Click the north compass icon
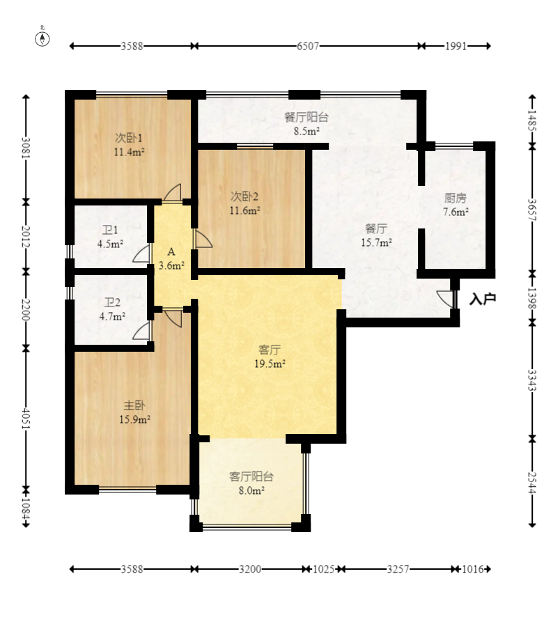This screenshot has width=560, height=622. (42, 38)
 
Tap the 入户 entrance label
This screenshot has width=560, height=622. (483, 299)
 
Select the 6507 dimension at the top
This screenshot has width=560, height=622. (308, 46)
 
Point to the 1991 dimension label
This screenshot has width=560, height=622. (456, 46)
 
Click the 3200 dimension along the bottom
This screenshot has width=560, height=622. (250, 569)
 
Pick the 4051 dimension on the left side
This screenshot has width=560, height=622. (26, 418)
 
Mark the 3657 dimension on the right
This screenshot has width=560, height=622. (532, 210)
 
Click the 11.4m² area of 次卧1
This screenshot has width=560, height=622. (129, 152)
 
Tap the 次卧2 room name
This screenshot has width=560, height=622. (244, 196)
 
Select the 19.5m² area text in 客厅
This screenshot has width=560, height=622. (270, 364)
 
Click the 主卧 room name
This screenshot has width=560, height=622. (134, 405)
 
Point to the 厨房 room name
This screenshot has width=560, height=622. (456, 198)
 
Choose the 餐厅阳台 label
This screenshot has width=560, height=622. (306, 118)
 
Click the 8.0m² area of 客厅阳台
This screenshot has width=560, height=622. (252, 490)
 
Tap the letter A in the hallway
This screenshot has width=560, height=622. (171, 251)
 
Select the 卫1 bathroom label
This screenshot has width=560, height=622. (110, 230)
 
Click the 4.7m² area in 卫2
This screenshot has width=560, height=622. (112, 316)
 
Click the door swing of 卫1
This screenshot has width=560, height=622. (142, 253)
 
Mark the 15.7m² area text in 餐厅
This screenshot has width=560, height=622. (376, 242)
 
